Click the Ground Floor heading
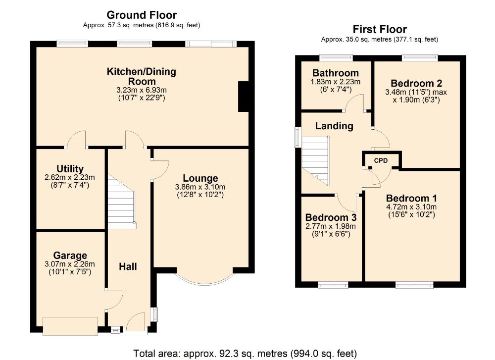142,15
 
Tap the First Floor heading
380,29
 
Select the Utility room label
70,169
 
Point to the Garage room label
70,255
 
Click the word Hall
128,267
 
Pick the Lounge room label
200,178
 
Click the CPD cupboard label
381,160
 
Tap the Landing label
334,126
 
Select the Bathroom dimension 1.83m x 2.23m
335,82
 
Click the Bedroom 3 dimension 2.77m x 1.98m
331,226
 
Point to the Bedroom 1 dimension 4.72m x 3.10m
411,207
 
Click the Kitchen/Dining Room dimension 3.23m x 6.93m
142,90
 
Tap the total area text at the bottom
245,354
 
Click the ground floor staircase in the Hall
122,203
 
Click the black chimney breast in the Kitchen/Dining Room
243,97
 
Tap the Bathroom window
336,57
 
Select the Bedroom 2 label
416,83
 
